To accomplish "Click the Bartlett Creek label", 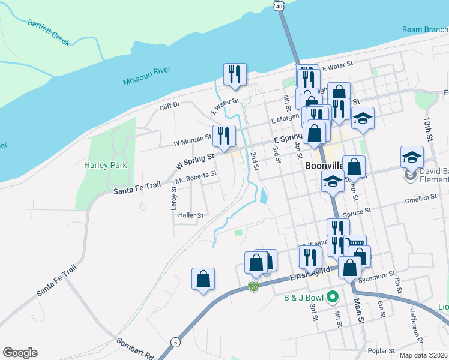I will pos(49,32).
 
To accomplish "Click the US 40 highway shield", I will pos(278,5).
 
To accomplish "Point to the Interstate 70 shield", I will pos(254,287).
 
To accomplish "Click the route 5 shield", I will pos(175,341).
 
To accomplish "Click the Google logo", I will pos(20,353).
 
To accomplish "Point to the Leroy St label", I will pos(174,197).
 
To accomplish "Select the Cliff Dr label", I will pos(169,106).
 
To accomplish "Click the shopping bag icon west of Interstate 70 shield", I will pos(203,278).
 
